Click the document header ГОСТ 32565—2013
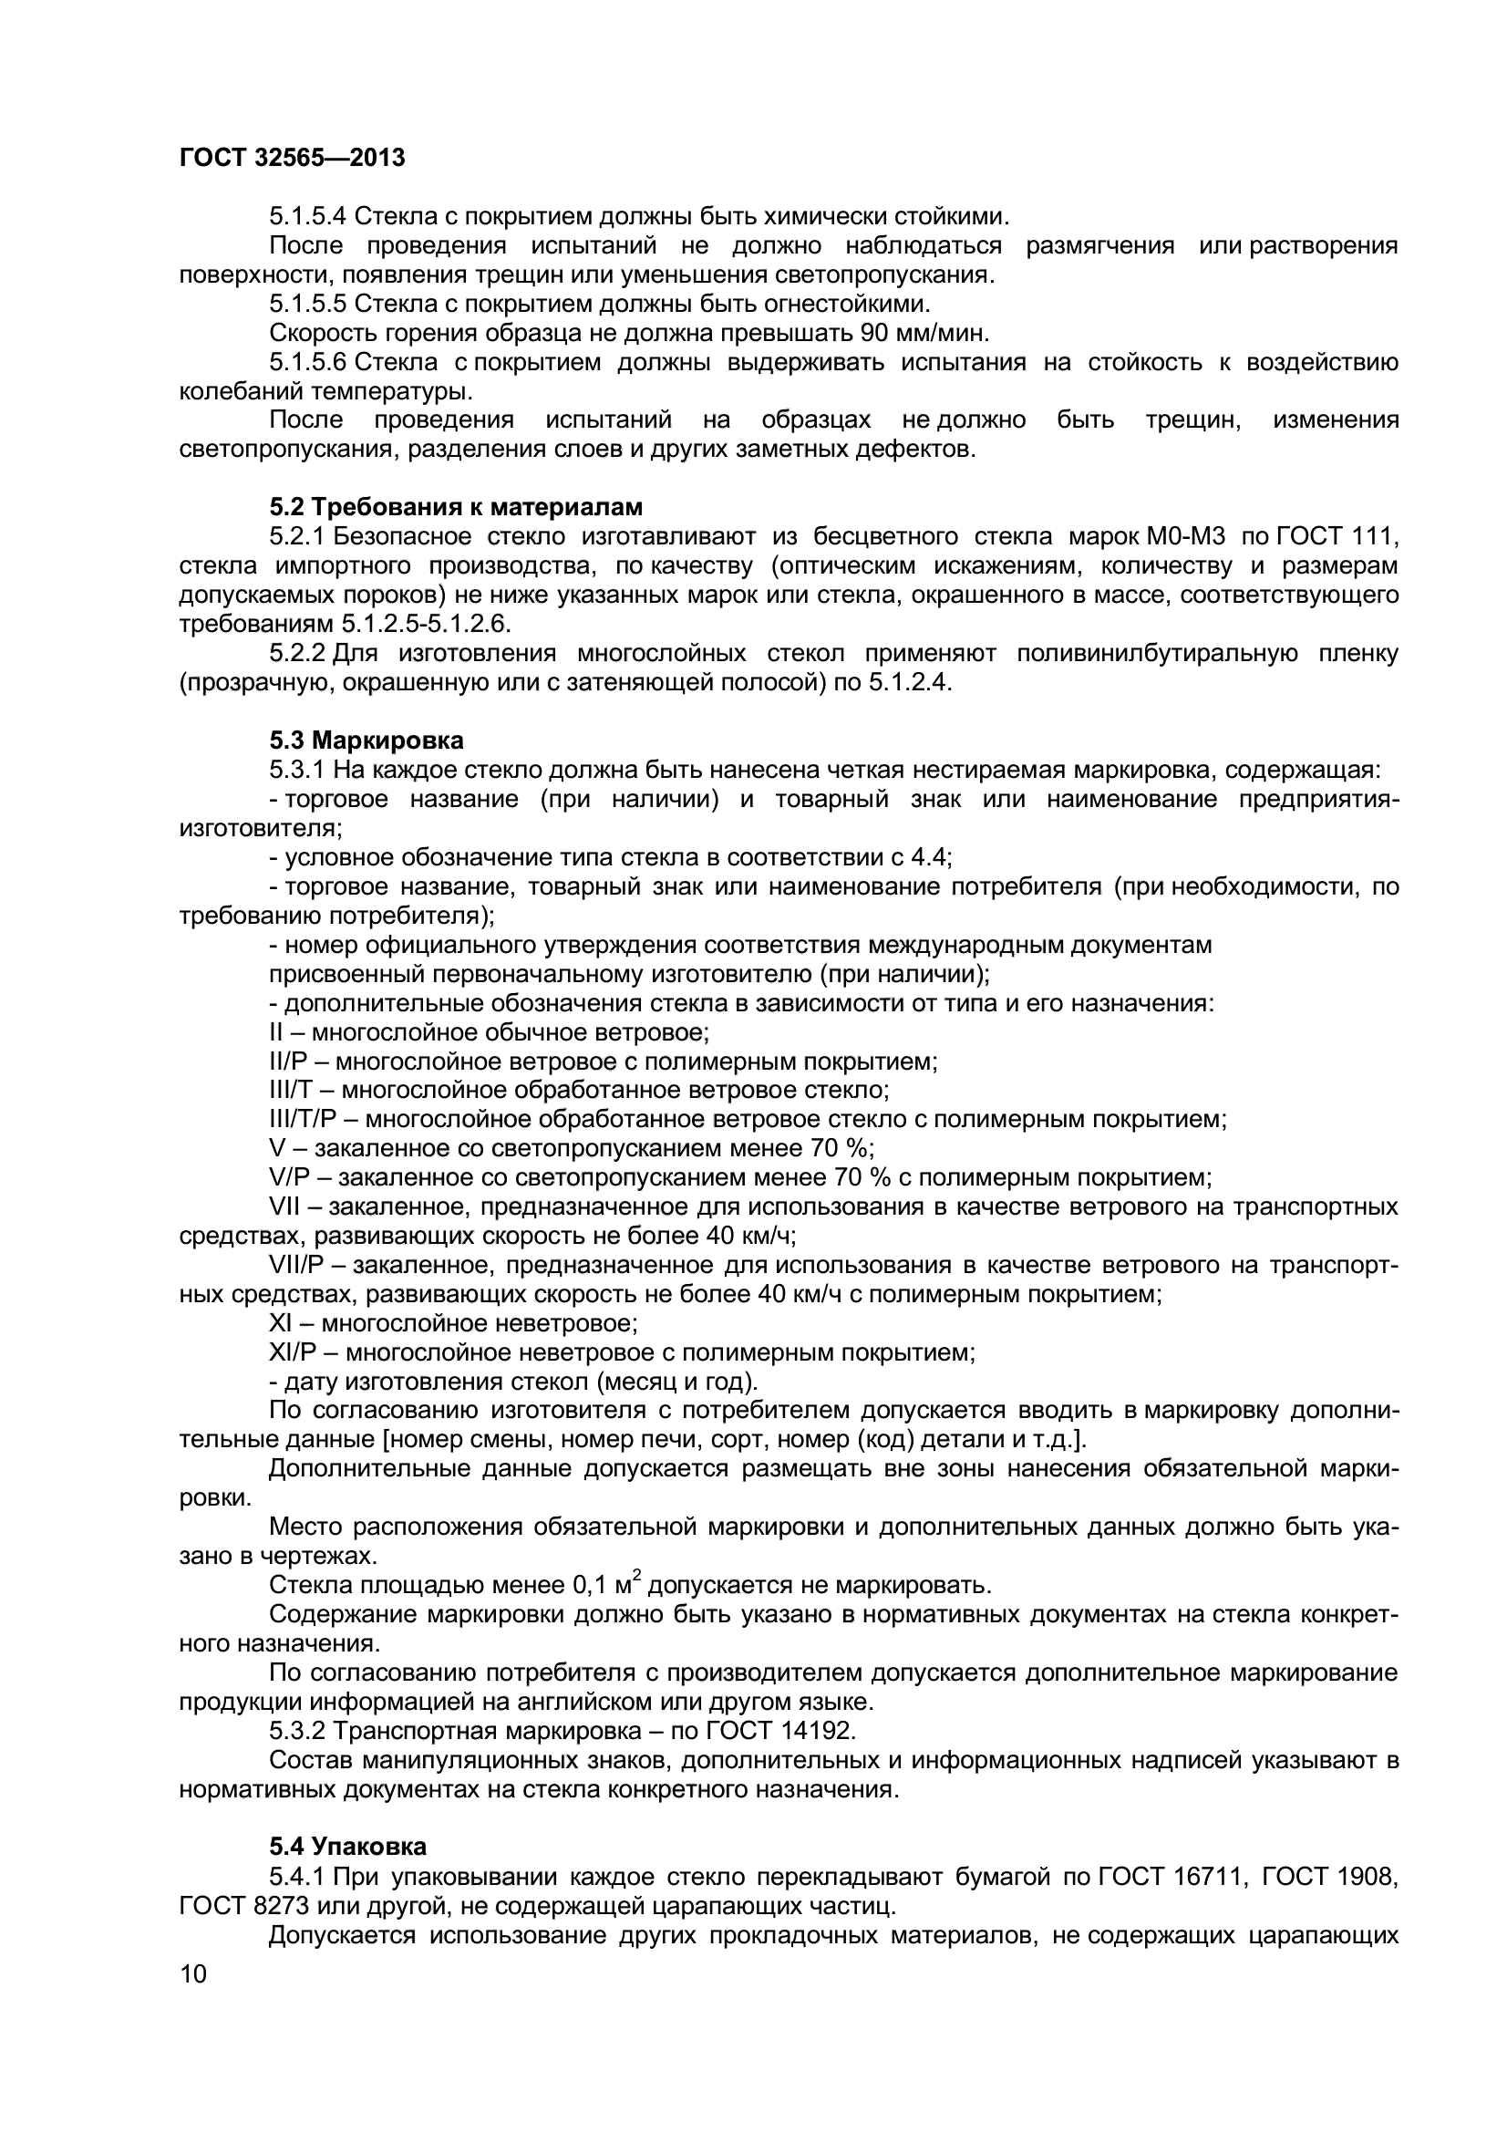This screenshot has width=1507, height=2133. pyautogui.click(x=293, y=158)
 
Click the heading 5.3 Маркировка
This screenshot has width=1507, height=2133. pyautogui.click(x=366, y=740)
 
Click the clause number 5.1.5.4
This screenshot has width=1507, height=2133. pyautogui.click(x=307, y=216)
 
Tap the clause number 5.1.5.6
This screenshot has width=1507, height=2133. pyautogui.click(x=307, y=362)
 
